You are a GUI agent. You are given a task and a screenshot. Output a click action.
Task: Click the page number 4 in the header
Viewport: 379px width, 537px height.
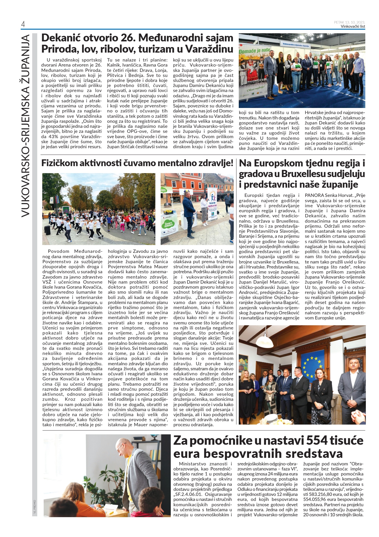point(23,25)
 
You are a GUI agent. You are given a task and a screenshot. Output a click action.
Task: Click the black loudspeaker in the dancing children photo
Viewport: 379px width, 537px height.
point(47,230)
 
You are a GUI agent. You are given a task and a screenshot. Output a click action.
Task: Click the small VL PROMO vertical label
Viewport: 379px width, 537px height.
point(34,507)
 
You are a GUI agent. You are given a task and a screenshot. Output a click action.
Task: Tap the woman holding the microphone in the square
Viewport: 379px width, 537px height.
point(204,206)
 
